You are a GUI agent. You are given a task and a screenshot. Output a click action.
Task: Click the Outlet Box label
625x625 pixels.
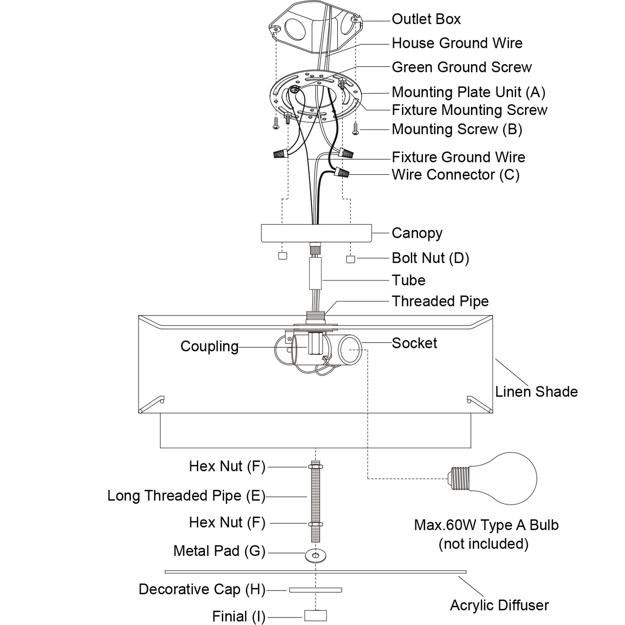[426, 19]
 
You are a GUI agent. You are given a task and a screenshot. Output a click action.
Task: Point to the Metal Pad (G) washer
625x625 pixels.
[315, 556]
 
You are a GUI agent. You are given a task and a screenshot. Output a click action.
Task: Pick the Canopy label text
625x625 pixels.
[417, 233]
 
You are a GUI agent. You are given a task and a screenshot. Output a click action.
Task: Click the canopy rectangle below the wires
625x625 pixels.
[316, 233]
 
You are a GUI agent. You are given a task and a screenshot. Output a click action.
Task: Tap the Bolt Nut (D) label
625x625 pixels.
[430, 258]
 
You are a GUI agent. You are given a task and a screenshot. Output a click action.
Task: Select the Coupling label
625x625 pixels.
[209, 346]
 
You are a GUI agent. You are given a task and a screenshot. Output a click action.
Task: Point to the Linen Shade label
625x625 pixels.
[536, 392]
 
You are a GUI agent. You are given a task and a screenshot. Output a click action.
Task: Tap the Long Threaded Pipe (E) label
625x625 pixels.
[186, 496]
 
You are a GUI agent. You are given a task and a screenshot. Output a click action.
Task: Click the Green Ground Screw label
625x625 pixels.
[461, 67]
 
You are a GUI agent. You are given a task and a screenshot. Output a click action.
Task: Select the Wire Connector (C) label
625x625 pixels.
[455, 175]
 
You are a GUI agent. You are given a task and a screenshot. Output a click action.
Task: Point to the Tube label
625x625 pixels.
[408, 280]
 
